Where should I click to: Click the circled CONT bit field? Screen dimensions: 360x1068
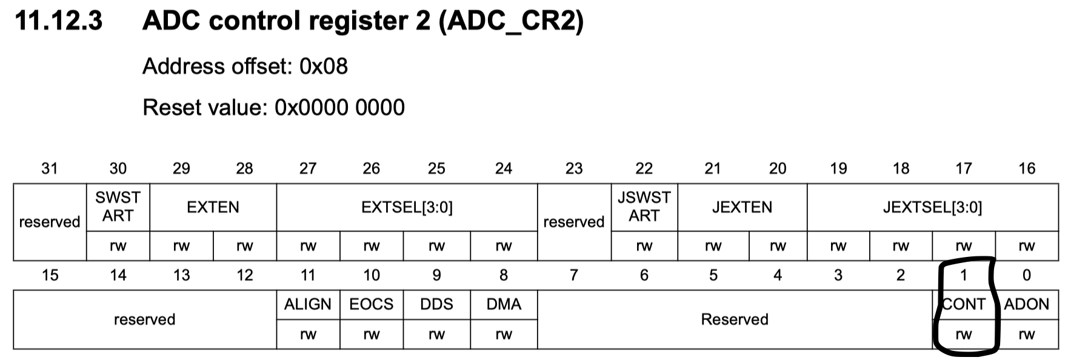pyautogui.click(x=964, y=304)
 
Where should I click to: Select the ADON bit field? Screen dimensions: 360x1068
pyautogui.click(x=1026, y=304)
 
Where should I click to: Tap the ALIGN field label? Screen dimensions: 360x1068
pyautogui.click(x=308, y=304)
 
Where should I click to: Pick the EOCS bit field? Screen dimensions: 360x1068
pyautogui.click(x=371, y=304)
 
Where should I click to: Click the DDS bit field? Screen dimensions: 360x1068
pyautogui.click(x=436, y=304)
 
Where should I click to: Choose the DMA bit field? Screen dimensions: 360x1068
pyautogui.click(x=504, y=304)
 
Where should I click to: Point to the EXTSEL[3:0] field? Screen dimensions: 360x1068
pyautogui.click(x=407, y=207)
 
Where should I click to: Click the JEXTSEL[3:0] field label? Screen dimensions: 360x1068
pyautogui.click(x=932, y=207)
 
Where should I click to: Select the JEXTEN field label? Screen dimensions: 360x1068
pyautogui.click(x=742, y=207)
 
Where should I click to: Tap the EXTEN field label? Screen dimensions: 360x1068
pyautogui.click(x=213, y=207)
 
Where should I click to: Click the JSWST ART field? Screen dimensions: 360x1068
pyautogui.click(x=644, y=207)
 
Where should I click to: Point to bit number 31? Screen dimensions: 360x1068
pyautogui.click(x=50, y=168)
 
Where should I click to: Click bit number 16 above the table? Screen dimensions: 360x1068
pyautogui.click(x=1027, y=168)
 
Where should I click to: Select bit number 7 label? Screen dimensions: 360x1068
pyautogui.click(x=573, y=276)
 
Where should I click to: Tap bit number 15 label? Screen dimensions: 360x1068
pyautogui.click(x=50, y=276)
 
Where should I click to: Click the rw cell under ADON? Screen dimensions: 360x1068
pyautogui.click(x=1026, y=335)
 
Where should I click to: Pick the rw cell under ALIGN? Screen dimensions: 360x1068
pyautogui.click(x=308, y=335)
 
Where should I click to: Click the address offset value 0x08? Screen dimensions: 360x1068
pyautogui.click(x=324, y=66)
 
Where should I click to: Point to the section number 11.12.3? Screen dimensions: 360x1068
pyautogui.click(x=58, y=22)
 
